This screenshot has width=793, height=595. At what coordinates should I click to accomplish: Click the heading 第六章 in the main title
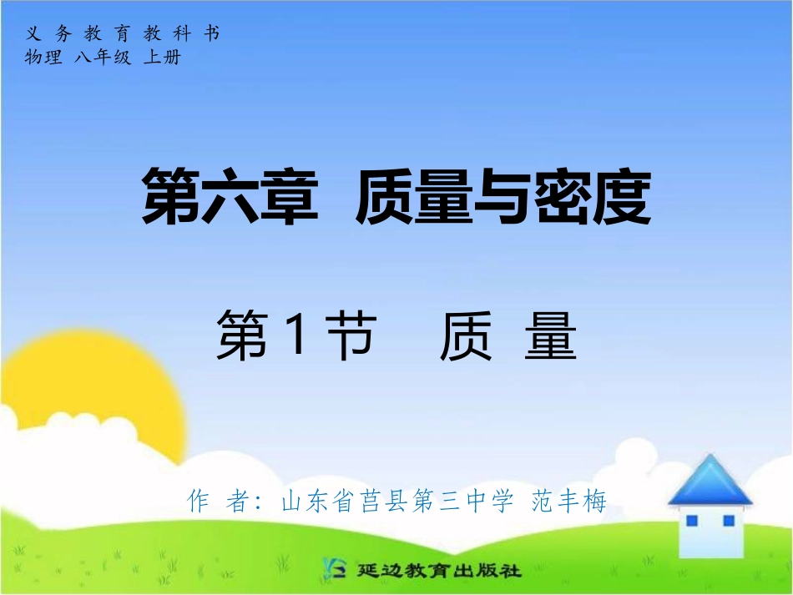coord(230,197)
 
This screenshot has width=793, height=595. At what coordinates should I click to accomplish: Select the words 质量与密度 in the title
coord(503,197)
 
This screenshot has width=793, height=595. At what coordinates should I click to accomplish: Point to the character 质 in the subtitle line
coord(467,337)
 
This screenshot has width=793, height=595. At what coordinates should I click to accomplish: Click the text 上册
coord(162,58)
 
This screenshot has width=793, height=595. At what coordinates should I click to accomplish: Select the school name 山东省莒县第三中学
coord(397,502)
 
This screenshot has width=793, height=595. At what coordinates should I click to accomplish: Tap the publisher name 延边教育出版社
coord(439,571)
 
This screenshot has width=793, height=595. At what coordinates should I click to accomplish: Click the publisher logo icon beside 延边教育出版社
coord(334,570)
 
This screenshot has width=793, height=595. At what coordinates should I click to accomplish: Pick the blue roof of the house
coord(710,482)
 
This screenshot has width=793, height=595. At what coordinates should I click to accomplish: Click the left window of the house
coord(691,521)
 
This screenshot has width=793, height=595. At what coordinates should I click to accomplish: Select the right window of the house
coord(728,521)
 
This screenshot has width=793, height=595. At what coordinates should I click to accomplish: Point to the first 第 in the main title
coord(171,197)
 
